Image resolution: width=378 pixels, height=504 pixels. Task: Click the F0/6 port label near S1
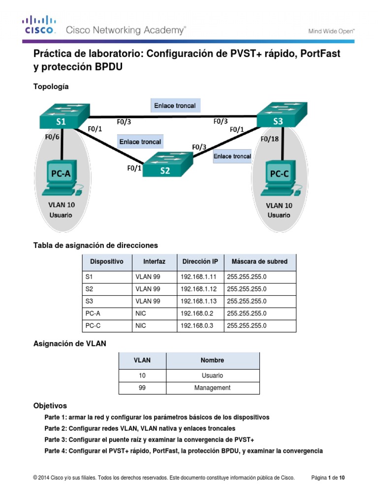click(x=52, y=137)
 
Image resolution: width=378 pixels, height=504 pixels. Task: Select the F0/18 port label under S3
click(x=269, y=139)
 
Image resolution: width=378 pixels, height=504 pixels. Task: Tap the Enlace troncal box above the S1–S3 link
click(x=175, y=105)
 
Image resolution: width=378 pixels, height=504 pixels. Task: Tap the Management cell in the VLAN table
click(x=212, y=388)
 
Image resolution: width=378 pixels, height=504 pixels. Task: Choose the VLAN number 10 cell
click(x=142, y=375)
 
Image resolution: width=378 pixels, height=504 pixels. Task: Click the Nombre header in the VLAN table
click(x=212, y=360)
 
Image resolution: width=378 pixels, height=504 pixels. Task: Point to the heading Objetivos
click(x=50, y=406)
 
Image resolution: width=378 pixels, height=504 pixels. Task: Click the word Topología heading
click(x=51, y=87)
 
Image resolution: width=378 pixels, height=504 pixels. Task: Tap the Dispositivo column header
click(x=107, y=261)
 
